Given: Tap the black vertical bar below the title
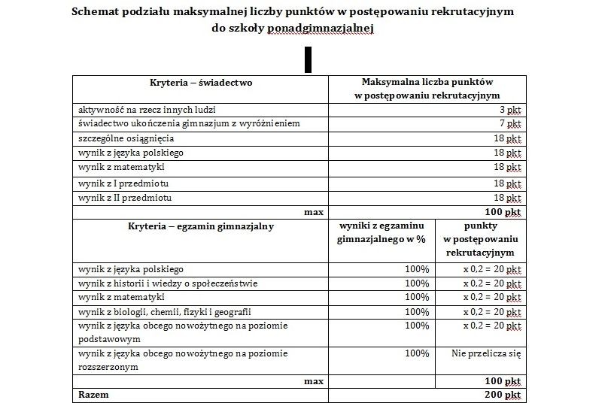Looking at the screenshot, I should coord(308,59).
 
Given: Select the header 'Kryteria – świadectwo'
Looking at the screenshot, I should coord(201,83).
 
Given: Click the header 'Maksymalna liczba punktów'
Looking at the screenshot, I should coord(427,82).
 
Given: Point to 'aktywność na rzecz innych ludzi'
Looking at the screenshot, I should coord(144,109).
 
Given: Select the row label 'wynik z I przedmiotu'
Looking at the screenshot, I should coord(124,183).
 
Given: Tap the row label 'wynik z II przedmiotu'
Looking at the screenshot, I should coord(126,198).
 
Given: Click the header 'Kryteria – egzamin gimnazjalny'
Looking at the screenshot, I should coord(201,226).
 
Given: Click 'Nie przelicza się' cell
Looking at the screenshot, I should coord(486,353).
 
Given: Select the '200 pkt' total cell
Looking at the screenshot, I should coord(503,395).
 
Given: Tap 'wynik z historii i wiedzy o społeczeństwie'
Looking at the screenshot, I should coord(168,283).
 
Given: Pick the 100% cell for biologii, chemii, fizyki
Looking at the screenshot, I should coord(417,312).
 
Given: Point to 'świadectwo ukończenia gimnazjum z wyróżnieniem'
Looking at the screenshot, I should coord(189,123).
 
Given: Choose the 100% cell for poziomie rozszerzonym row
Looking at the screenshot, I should coord(417,353).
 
